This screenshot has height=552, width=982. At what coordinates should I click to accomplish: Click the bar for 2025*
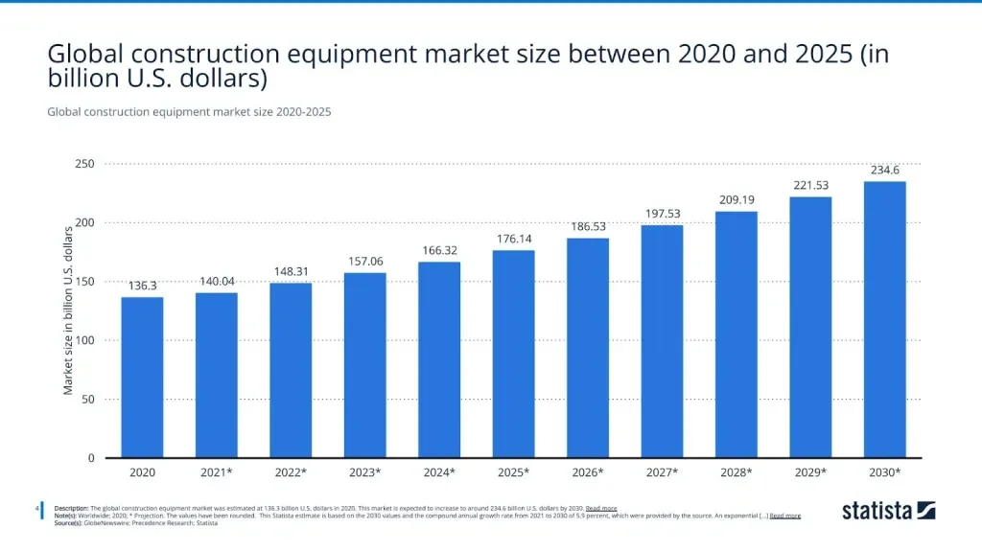[x=513, y=354]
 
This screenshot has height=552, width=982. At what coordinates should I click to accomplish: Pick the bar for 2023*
[x=364, y=365]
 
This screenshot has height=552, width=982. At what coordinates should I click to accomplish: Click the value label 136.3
[x=142, y=286]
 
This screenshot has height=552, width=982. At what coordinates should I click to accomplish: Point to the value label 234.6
[x=884, y=170]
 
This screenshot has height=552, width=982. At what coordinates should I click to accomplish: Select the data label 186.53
[x=587, y=226]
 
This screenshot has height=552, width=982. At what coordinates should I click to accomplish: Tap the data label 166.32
[x=439, y=250]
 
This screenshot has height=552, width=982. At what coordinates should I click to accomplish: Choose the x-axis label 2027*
[x=662, y=472]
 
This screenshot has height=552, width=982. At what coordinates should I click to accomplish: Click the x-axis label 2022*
[x=291, y=472]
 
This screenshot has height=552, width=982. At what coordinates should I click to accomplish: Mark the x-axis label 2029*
[x=810, y=472]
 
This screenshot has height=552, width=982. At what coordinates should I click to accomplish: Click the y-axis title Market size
[x=68, y=310]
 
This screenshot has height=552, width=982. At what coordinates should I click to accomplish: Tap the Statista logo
[x=888, y=511]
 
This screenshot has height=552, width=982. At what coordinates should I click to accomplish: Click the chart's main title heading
[x=468, y=65]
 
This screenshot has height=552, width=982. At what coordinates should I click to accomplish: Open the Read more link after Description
[x=601, y=508]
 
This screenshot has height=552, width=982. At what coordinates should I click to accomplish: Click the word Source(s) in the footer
[x=69, y=523]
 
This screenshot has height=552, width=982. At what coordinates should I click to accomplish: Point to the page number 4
[x=36, y=508]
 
